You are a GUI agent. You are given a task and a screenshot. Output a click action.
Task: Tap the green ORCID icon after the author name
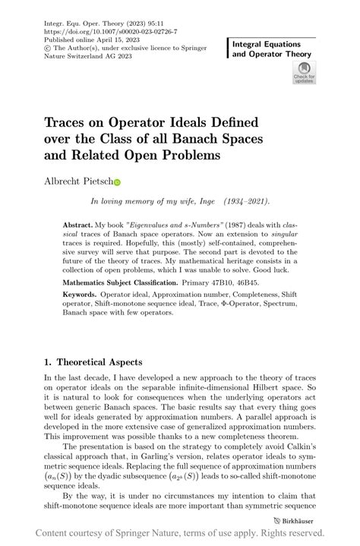(118, 183)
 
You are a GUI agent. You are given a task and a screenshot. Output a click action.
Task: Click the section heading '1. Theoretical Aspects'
(93, 362)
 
